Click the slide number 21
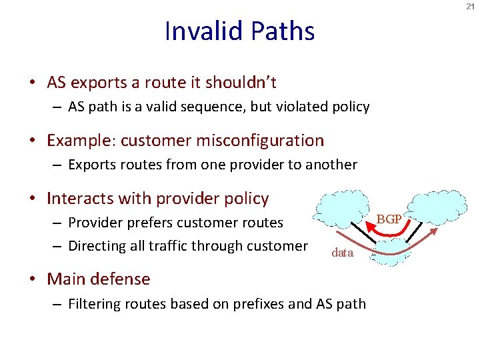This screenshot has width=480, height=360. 470,6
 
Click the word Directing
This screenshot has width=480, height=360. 97,245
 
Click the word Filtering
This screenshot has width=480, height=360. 95,303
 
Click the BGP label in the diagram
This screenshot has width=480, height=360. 390,219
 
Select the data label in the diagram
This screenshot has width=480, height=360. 342,253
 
